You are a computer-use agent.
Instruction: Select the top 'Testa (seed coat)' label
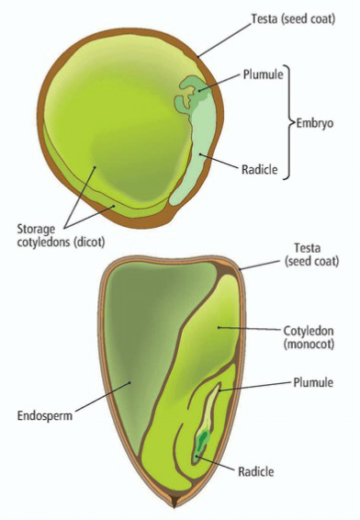click(291, 18)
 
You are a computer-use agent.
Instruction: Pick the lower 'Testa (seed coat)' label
click(309, 254)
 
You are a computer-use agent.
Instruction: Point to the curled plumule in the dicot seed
click(191, 90)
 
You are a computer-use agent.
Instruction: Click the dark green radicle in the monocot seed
click(200, 442)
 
